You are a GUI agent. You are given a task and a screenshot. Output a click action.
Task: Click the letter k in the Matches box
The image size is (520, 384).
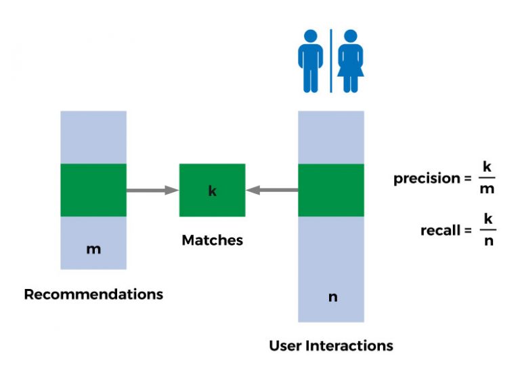tap(212, 191)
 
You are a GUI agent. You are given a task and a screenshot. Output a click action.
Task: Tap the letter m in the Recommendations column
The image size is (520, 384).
tap(93, 249)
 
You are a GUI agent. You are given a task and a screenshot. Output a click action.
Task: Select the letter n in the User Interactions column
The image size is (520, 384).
tap(332, 297)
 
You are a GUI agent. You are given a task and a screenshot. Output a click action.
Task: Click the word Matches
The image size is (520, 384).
tap(212, 240)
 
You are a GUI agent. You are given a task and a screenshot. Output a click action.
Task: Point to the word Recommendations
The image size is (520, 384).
tap(93, 294)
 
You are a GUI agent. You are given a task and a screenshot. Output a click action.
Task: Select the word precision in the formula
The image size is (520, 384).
tap(427, 178)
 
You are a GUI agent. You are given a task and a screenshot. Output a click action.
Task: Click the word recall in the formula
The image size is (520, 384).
tap(440, 230)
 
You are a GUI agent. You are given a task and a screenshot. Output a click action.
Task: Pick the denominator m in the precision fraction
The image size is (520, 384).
tap(486, 189)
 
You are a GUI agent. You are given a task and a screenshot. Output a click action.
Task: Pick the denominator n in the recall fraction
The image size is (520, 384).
tap(487, 241)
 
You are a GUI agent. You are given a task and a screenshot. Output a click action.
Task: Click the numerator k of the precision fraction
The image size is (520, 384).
tap(486, 166)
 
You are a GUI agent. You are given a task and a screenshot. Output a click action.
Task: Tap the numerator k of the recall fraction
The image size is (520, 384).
tap(487, 218)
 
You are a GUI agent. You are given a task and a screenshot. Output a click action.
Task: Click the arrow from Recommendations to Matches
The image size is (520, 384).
tap(152, 191)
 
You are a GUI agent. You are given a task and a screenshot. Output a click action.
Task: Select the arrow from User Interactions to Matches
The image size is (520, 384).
tap(272, 191)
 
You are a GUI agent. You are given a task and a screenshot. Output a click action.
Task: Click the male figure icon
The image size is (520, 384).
tap(311, 60)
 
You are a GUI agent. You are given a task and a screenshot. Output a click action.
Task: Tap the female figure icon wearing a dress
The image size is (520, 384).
tap(350, 60)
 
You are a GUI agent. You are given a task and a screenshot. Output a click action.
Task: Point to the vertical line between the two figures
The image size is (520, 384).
tap(330, 60)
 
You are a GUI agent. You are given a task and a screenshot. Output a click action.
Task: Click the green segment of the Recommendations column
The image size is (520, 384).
tap(93, 190)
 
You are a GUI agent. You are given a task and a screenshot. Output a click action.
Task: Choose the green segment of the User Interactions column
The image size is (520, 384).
tap(331, 190)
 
